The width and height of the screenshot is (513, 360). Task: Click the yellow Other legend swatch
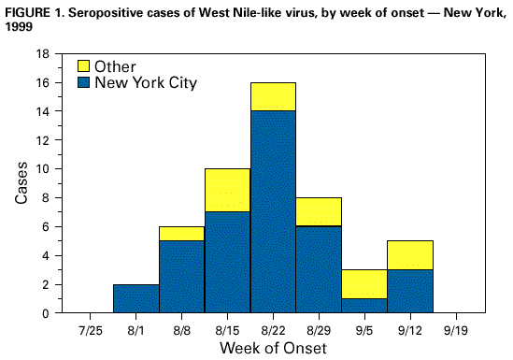pos(82,66)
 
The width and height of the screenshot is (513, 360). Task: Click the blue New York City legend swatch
pos(82,82)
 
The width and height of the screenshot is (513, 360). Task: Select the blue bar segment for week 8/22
pos(273,211)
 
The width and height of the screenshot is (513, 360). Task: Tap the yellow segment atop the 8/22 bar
pos(273,96)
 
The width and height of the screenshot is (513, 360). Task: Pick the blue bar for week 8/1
pos(135,298)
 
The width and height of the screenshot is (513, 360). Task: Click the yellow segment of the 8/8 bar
pos(181,233)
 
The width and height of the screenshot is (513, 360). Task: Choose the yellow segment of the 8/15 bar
pos(227,191)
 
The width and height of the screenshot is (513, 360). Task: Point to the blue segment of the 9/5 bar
pos(364,305)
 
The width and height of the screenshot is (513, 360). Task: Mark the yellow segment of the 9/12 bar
pos(410,254)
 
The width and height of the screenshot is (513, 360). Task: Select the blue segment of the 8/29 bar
pos(319,269)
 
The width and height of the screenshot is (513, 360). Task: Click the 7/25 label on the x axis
pos(90,329)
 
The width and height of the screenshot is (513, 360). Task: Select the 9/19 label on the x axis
pos(456,329)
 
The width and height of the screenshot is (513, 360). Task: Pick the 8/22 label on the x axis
pos(273,329)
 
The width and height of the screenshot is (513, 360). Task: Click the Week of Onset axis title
pos(273,348)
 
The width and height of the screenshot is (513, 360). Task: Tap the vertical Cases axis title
pos(21,183)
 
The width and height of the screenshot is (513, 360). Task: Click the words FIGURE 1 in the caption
pos(30,10)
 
